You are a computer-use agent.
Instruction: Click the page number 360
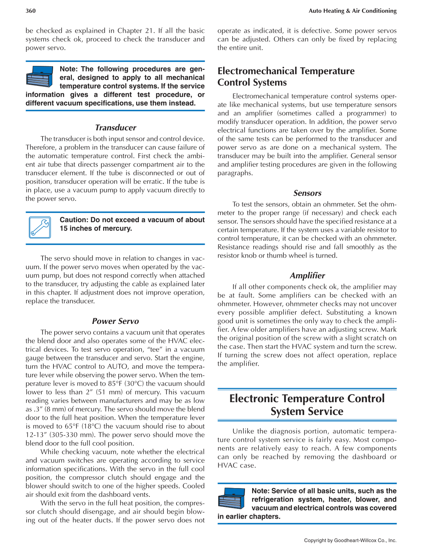[30, 11]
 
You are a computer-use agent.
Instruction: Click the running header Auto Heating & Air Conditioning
[352, 11]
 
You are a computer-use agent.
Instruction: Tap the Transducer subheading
[115, 128]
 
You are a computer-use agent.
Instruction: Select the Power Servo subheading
[115, 321]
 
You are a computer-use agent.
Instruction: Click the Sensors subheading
[307, 193]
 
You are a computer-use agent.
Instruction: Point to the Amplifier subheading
[307, 276]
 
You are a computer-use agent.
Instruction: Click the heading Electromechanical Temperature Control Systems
[286, 77]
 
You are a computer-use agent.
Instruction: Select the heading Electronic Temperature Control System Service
[307, 405]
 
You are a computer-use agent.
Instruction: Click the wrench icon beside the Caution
[40, 227]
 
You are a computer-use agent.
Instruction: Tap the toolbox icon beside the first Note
[40, 76]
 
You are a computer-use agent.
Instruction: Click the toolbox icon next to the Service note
[231, 498]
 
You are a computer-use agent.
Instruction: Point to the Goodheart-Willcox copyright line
[350, 540]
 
